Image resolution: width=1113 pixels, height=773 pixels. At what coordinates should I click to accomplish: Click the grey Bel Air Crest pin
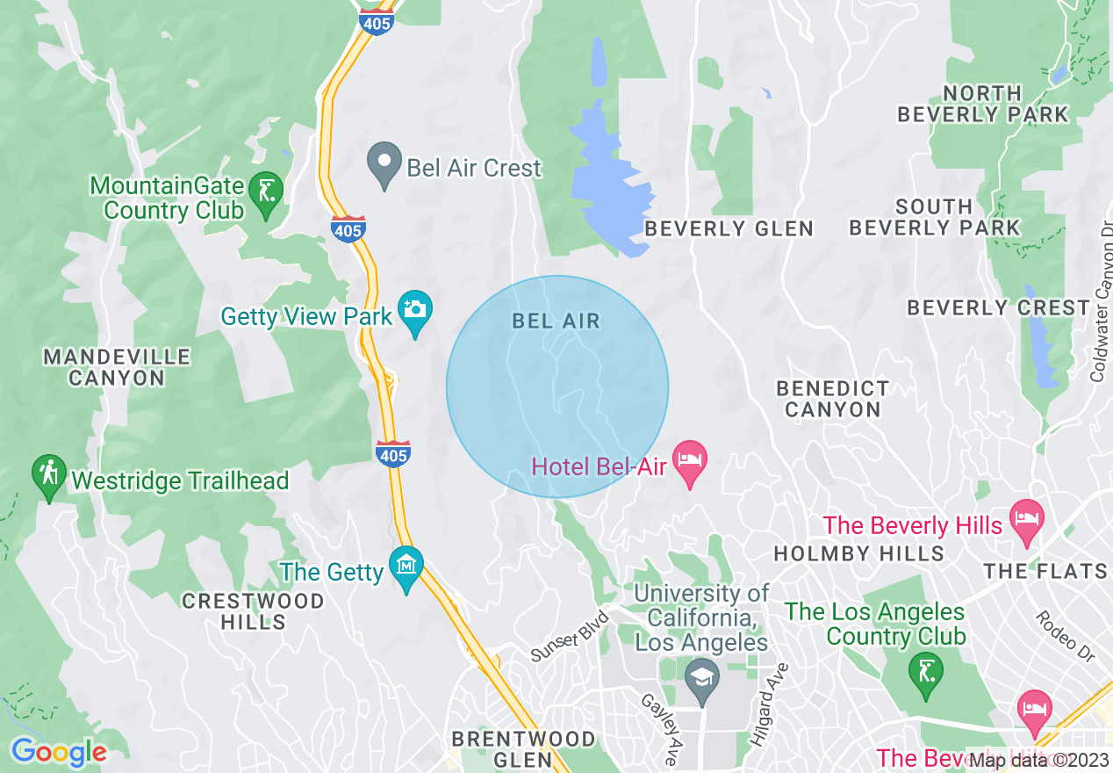point(384,163)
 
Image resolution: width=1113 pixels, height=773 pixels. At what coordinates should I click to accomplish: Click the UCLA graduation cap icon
point(701,679)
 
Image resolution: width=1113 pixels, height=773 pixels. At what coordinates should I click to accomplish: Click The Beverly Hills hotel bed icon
point(1025,518)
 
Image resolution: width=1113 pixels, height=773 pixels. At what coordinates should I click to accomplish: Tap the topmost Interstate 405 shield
point(377,22)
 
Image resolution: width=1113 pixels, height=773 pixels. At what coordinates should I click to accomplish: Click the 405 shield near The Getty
point(392,454)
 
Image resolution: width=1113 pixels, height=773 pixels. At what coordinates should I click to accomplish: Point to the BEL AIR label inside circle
point(556,321)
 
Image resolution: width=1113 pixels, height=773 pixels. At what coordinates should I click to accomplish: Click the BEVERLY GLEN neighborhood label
point(729,229)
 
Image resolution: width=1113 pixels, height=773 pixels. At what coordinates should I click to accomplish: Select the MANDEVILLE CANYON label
point(117,367)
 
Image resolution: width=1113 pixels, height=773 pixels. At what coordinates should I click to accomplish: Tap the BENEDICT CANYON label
point(833,399)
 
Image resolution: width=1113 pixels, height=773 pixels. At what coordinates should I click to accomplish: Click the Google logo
point(59,752)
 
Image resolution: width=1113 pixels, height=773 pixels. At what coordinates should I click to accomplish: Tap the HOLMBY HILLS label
point(858,553)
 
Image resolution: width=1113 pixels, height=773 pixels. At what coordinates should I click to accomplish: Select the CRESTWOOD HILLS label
point(253,611)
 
